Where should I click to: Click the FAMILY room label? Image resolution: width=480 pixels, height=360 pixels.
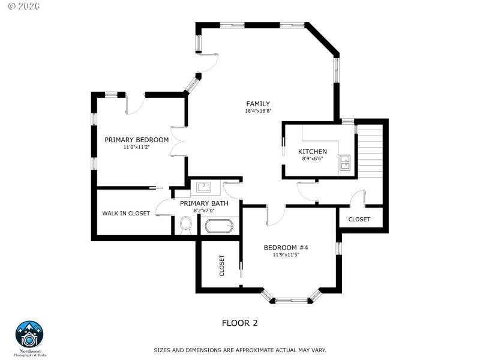[257, 104]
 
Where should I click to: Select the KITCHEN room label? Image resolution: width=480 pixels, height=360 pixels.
[313, 152]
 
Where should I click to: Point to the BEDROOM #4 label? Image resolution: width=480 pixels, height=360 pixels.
[286, 247]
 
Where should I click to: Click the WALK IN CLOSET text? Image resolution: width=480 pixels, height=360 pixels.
[126, 213]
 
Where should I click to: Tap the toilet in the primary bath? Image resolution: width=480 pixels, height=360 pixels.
[186, 226]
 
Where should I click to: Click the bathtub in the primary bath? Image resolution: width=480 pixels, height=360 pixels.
[218, 227]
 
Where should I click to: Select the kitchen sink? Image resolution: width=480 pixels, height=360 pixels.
[346, 162]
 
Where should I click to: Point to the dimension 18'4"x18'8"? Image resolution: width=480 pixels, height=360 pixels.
[258, 111]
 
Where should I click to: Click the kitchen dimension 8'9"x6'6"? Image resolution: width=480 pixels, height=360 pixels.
[313, 159]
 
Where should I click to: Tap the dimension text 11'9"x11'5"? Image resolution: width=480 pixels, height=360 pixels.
[286, 254]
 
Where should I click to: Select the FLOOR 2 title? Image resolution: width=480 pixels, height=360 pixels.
[240, 323]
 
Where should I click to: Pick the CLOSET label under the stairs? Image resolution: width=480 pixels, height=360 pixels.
[359, 219]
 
